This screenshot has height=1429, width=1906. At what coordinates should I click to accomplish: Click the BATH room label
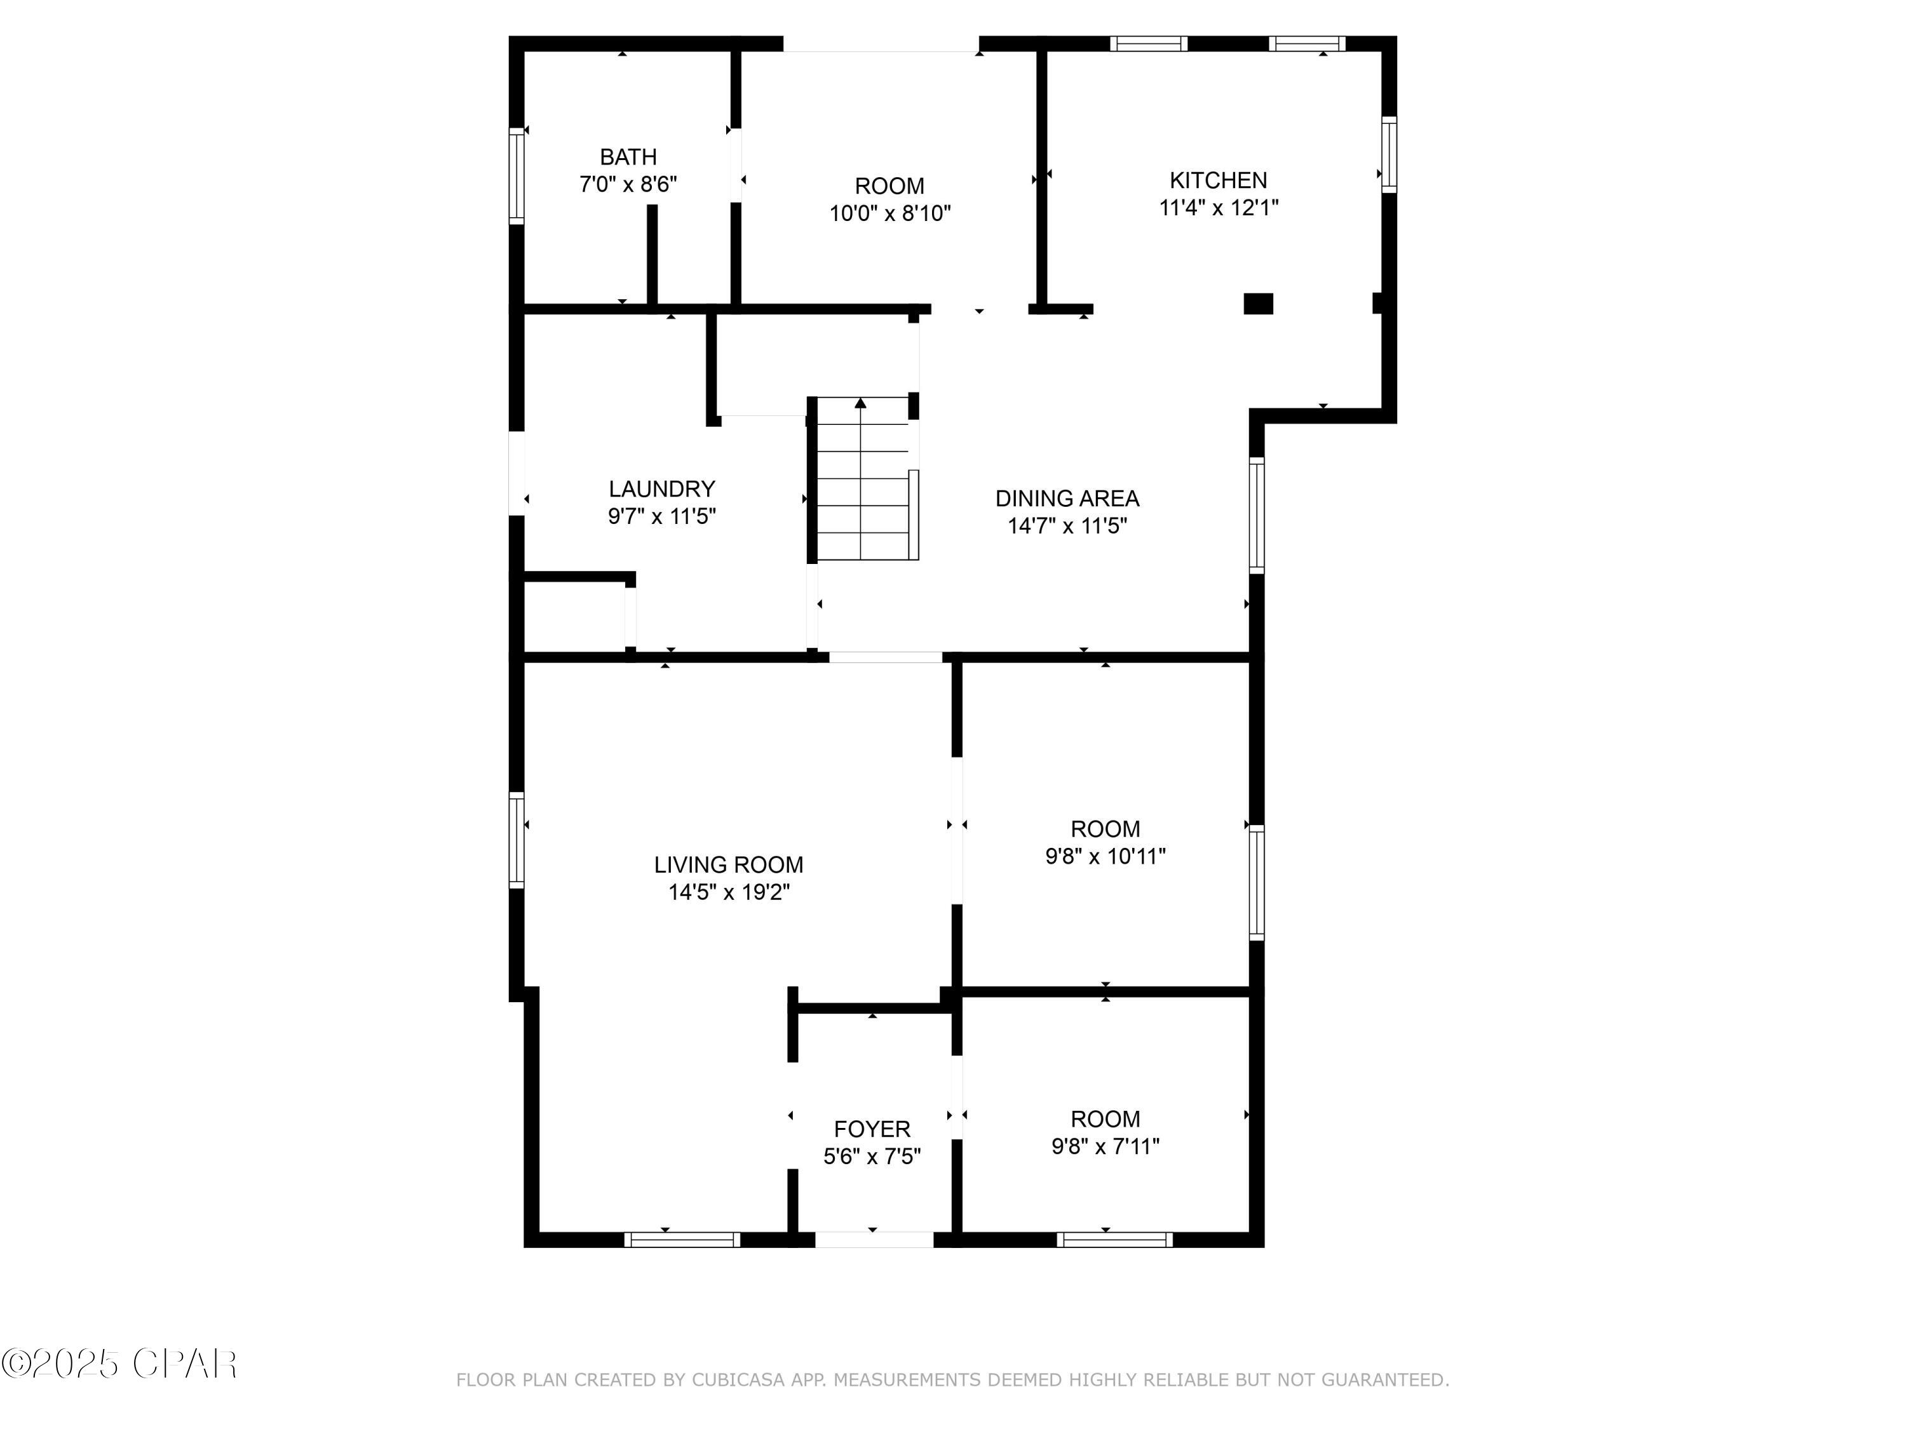tap(628, 157)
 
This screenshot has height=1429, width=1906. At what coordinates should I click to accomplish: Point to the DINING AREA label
tap(1067, 499)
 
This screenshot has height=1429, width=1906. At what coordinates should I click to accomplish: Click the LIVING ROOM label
tap(728, 865)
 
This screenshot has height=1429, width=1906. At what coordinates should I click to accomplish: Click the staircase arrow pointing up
tap(860, 403)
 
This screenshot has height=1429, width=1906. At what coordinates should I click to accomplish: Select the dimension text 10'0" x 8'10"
tap(889, 213)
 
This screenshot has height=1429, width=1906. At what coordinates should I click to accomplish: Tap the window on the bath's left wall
tap(516, 176)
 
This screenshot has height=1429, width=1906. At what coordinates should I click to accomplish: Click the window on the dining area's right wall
tap(1256, 516)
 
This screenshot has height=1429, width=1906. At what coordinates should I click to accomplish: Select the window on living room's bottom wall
tap(682, 1240)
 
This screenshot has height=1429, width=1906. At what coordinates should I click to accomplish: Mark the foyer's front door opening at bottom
tap(874, 1240)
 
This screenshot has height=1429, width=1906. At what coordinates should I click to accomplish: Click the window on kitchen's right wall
tap(1388, 154)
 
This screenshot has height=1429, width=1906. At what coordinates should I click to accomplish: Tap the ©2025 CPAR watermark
tap(119, 1364)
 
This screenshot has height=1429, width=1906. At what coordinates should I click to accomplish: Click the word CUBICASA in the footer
tap(738, 1381)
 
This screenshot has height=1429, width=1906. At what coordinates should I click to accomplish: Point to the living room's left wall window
tap(516, 840)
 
